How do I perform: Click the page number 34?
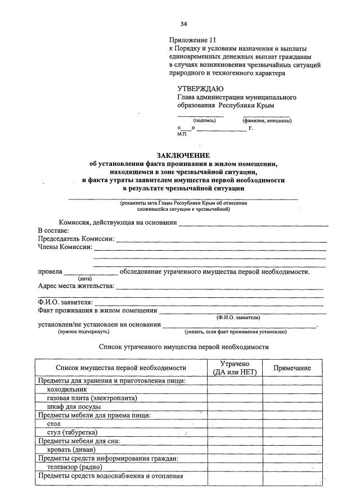[x=183, y=24]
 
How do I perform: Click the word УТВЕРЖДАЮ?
[x=200, y=88]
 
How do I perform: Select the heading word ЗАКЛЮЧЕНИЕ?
[x=183, y=155]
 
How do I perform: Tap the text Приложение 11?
[x=192, y=39]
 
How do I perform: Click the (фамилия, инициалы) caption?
[x=267, y=121]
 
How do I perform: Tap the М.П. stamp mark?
[x=183, y=134]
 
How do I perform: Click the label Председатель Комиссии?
[x=76, y=239]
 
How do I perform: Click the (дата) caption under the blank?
[x=85, y=278]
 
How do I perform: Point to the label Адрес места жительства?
[x=76, y=286]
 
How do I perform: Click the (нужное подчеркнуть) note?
[x=83, y=332]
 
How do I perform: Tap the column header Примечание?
[x=292, y=368]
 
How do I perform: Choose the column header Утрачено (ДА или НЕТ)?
[x=235, y=368]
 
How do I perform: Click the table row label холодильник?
[x=67, y=389]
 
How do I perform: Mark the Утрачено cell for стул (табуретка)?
[x=235, y=432]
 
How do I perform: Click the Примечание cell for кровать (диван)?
[x=292, y=450]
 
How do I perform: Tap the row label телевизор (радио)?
[x=74, y=467]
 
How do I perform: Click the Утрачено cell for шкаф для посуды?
[x=235, y=406]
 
